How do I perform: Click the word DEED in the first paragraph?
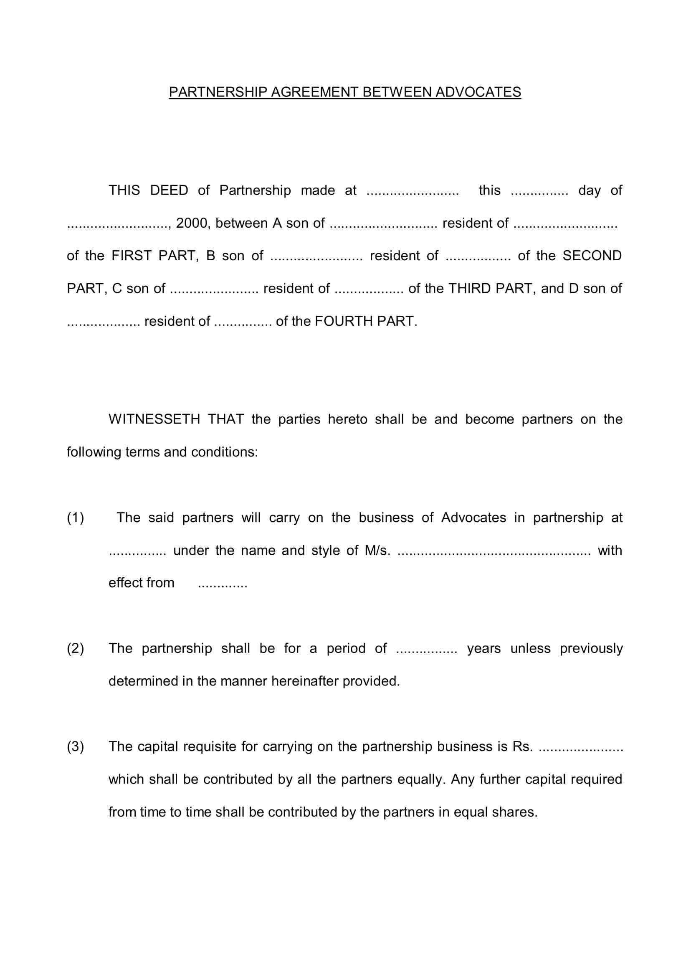click(x=169, y=190)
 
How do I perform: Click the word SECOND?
click(x=592, y=256)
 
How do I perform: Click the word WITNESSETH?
click(x=154, y=419)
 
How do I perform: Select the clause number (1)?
click(x=75, y=518)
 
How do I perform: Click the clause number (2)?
click(x=75, y=648)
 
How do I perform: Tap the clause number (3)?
click(x=75, y=746)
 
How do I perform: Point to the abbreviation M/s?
click(x=377, y=551)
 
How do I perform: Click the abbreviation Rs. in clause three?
click(x=522, y=746)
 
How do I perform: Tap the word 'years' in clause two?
click(x=484, y=648)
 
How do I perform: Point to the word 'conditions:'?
click(x=225, y=452)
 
